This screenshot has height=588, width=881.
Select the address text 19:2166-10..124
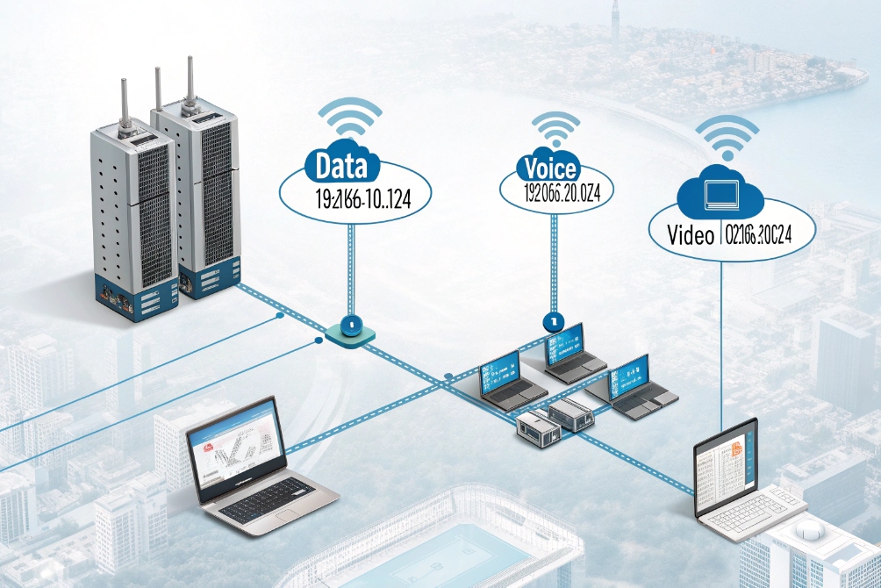tap(351, 198)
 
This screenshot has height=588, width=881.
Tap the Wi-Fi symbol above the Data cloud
tap(349, 120)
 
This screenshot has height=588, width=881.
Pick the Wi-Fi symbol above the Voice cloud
tap(555, 129)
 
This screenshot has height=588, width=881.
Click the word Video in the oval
tap(690, 234)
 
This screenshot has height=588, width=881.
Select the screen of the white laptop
tap(725, 465)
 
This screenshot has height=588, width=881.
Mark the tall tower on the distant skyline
tap(616, 22)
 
